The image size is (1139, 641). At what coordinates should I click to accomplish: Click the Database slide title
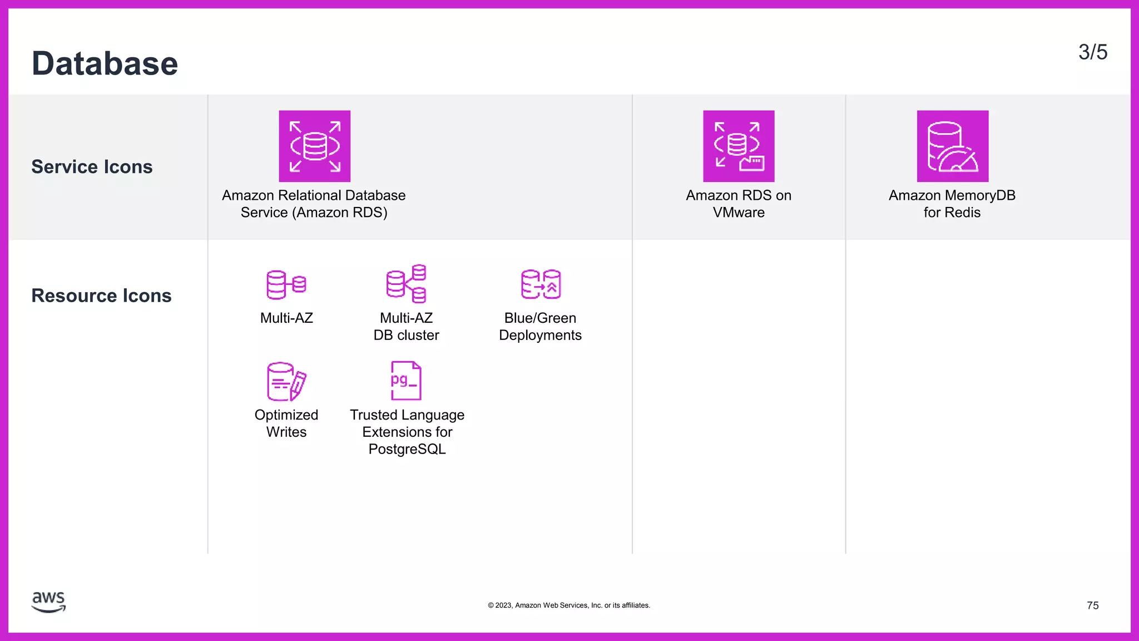[105, 63]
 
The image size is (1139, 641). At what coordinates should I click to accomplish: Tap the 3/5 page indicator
[1092, 52]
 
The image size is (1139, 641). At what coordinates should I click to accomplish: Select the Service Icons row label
[92, 167]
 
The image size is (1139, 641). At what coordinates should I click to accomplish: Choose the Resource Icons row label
[101, 295]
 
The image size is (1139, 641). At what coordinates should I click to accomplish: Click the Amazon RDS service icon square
[314, 146]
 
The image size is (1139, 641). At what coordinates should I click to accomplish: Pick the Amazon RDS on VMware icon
[739, 146]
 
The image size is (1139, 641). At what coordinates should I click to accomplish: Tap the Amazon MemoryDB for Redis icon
[952, 146]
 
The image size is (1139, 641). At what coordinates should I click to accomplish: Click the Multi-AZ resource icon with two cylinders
[286, 284]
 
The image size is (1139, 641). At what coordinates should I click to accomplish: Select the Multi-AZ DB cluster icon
[407, 284]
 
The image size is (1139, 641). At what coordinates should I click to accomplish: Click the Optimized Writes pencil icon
[286, 381]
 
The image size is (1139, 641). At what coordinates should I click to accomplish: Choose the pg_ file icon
[406, 381]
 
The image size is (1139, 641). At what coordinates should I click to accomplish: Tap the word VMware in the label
[739, 213]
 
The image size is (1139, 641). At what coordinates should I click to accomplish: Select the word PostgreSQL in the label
[407, 449]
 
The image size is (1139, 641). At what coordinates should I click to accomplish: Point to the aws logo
[49, 602]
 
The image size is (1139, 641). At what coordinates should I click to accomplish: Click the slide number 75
[1092, 605]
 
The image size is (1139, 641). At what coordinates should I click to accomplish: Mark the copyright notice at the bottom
[569, 605]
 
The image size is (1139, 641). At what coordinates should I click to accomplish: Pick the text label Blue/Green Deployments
[540, 327]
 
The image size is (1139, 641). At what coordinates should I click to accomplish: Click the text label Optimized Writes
[286, 423]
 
